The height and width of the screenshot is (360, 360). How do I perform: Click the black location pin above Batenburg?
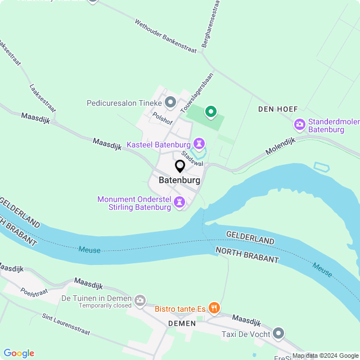[180, 166]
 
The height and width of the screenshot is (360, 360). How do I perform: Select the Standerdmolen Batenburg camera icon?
[300, 124]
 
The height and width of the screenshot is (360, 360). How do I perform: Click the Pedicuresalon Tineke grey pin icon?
[171, 103]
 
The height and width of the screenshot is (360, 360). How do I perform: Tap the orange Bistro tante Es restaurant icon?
[214, 308]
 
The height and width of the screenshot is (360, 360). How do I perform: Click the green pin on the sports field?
[211, 112]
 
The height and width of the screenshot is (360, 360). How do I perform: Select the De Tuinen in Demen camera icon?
[140, 301]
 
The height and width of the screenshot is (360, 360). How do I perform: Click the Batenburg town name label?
[179, 181]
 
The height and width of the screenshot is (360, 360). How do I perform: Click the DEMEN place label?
[182, 323]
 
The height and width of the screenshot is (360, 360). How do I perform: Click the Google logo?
[19, 353]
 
